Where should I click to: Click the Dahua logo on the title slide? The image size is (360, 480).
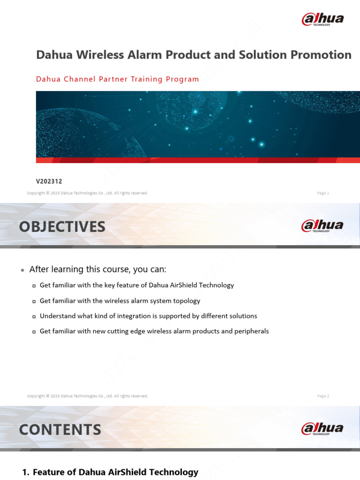pos(322,19)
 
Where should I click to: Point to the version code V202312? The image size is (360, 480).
pos(49,181)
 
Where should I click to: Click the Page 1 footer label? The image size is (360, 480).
pos(323,193)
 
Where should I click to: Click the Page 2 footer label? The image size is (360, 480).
pos(323,396)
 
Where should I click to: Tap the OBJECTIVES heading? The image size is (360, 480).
pos(62,227)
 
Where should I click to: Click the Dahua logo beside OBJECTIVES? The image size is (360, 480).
pos(322,225)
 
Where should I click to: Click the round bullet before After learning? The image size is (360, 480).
pos(22,270)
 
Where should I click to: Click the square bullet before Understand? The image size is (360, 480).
pos(34,316)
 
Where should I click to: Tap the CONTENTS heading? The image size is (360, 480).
pos(60,430)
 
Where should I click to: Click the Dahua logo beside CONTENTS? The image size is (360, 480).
pos(322,428)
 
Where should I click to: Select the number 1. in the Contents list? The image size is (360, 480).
pos(26,472)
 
